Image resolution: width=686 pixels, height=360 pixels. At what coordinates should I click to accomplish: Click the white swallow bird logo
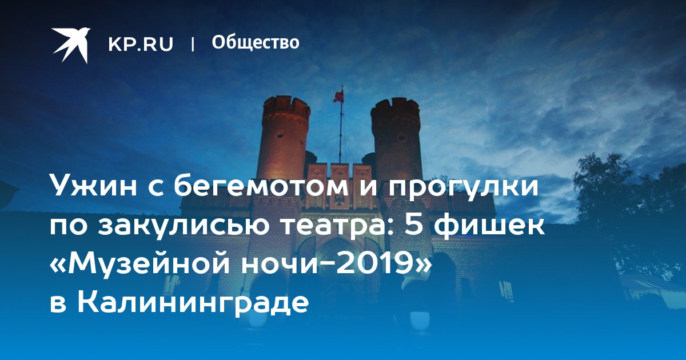pos(71,45)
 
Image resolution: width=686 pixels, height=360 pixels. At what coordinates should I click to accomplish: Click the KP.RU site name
pos(141,44)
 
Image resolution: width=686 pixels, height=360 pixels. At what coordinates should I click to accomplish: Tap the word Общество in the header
pos(256,42)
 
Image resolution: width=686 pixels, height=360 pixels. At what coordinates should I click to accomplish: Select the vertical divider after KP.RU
pos(193,44)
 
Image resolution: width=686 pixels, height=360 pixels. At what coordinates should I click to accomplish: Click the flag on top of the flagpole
pos(338,95)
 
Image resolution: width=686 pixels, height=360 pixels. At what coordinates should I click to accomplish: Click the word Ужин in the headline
pos(93,186)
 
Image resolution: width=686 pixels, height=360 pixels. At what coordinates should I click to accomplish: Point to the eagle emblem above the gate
pos(340,201)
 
